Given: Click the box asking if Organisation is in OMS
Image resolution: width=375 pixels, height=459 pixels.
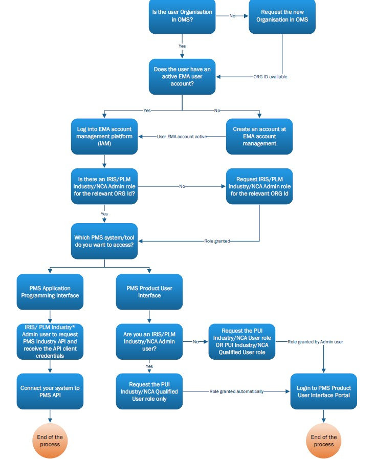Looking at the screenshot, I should tap(182, 16).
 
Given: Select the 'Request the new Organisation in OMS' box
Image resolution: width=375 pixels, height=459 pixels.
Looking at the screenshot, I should tap(282, 16).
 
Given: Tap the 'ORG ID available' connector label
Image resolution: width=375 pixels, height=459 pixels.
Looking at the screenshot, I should tap(271, 77).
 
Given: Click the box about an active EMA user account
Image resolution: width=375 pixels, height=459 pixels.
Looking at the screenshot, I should tap(182, 76).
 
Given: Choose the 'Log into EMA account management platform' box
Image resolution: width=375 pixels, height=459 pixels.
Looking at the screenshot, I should tap(104, 137).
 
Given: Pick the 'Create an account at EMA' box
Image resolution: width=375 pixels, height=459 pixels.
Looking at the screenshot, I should tap(259, 137).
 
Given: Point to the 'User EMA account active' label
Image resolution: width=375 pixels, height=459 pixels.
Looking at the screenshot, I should tap(182, 137).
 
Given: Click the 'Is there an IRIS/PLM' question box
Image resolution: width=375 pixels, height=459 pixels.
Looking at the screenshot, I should tap(104, 186).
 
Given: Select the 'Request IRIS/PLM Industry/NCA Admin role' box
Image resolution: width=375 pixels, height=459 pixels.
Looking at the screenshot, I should tap(259, 186).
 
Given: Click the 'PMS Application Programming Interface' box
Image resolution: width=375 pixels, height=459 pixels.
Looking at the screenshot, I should tap(50, 292).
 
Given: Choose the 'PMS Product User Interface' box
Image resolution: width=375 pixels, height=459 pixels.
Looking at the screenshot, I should tap(149, 292).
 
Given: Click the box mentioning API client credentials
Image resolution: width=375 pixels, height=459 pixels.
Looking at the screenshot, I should tap(50, 341).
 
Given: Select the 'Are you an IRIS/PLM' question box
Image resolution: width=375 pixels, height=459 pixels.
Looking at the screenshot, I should tap(149, 341).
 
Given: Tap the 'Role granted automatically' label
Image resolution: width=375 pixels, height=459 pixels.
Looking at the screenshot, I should tap(236, 391).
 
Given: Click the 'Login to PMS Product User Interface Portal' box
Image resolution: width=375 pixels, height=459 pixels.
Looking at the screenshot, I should tap(323, 391).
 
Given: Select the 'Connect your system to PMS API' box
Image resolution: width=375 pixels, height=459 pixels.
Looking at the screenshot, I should tap(50, 391).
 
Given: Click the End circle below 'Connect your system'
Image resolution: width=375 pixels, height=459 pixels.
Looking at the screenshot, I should tap(50, 440).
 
